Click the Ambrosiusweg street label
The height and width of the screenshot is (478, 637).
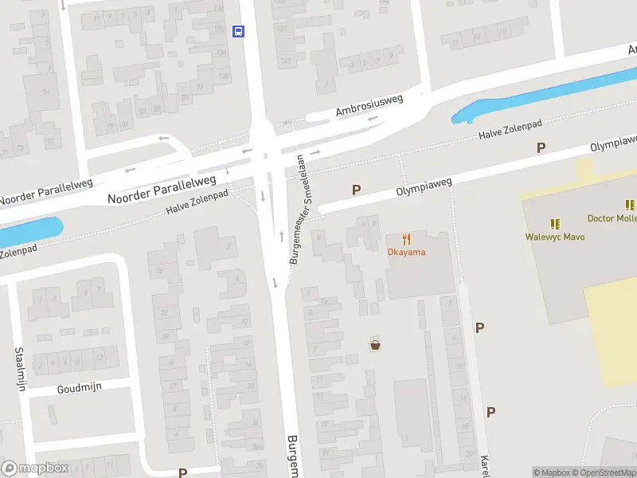369,105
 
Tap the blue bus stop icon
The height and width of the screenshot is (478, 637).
237,31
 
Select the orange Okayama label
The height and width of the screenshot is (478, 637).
406,253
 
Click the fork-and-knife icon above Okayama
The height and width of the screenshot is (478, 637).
406,238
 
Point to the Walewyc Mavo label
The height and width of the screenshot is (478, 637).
555,237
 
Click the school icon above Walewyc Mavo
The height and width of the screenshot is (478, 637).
555,222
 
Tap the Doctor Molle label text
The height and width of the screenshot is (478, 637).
612,218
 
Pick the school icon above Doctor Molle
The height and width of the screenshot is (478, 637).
630,205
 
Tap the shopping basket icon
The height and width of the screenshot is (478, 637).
374,345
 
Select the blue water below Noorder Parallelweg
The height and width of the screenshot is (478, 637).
32,229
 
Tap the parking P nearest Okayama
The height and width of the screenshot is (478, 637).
357,190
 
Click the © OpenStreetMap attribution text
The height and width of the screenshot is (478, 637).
604,472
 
